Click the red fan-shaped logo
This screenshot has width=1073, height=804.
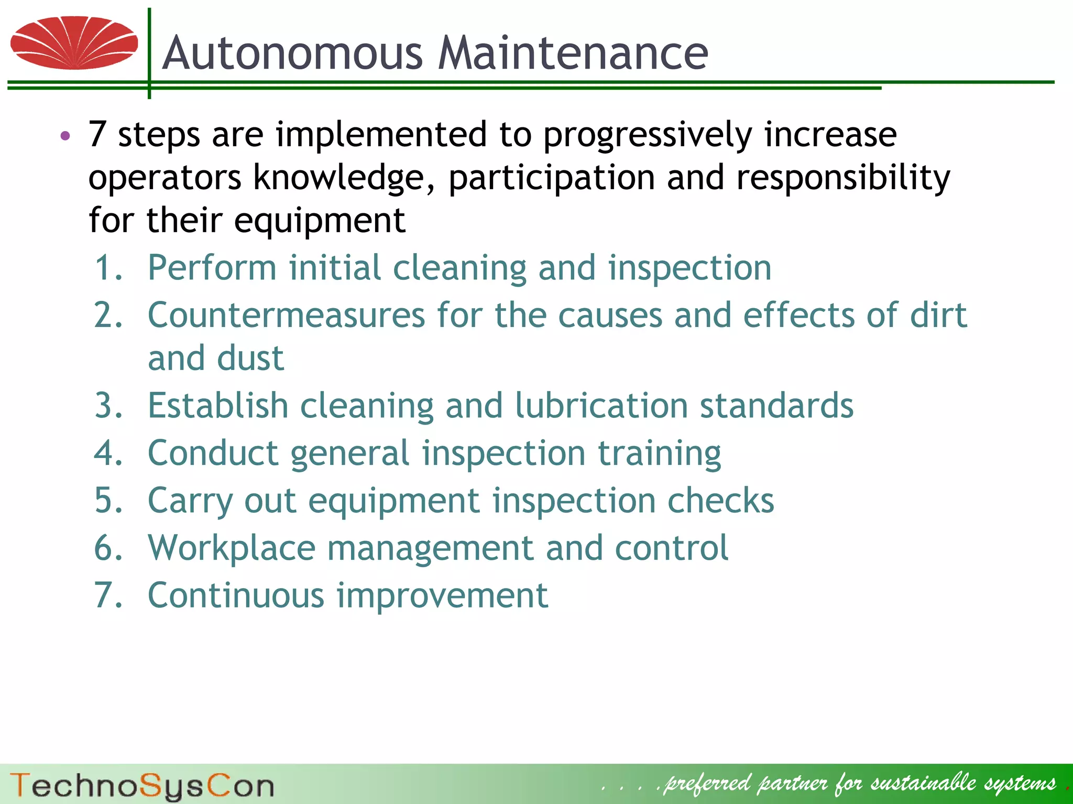74,42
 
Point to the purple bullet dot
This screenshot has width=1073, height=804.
65,136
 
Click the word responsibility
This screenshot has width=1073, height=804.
843,178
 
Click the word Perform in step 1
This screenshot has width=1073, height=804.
212,268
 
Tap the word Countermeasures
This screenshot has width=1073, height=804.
286,316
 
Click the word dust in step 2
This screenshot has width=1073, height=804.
250,358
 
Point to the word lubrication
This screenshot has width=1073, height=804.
601,406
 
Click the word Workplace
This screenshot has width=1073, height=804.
232,548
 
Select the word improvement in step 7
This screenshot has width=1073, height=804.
442,595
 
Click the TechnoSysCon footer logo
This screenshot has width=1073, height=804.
141,786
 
